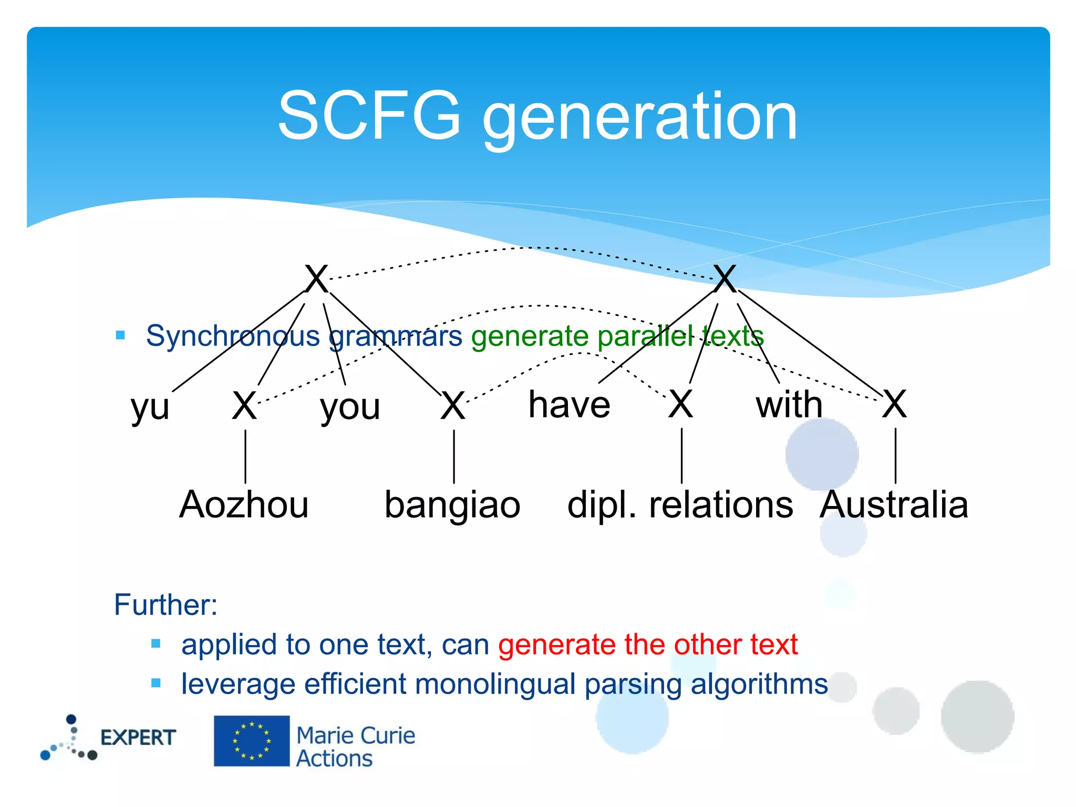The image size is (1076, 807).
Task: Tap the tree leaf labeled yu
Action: click(x=150, y=407)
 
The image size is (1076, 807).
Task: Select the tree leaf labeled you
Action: click(x=350, y=407)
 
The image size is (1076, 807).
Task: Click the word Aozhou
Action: click(x=244, y=504)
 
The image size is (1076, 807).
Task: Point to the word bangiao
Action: click(x=452, y=504)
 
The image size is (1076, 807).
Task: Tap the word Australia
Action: click(x=894, y=504)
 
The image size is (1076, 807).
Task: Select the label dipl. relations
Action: click(x=680, y=504)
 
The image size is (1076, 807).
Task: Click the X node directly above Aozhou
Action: click(x=245, y=406)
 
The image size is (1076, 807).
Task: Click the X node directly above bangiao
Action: click(x=453, y=406)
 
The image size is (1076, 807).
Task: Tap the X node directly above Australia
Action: click(x=894, y=404)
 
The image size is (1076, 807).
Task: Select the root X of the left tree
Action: click(x=317, y=279)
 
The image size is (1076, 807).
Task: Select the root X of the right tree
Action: click(x=725, y=279)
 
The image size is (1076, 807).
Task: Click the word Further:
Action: click(x=165, y=605)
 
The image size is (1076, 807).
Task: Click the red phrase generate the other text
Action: click(x=648, y=645)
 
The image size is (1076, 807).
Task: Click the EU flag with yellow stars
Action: click(x=252, y=741)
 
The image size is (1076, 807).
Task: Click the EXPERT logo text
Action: click(x=138, y=738)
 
